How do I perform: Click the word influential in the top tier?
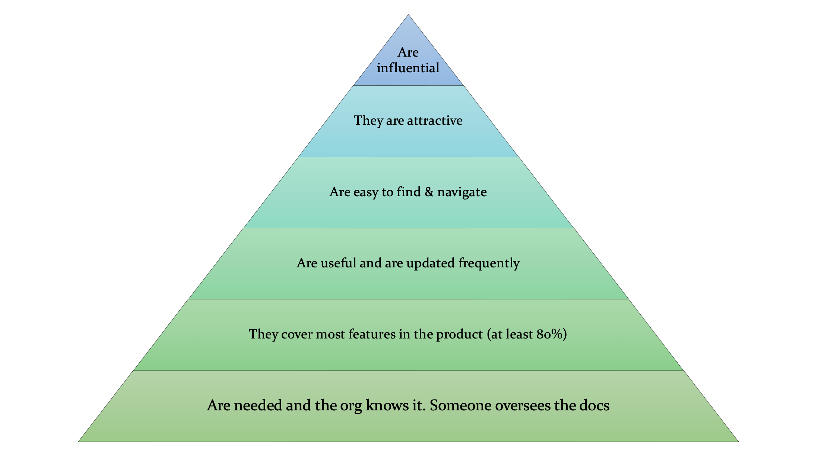(408, 68)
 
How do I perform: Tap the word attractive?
(435, 120)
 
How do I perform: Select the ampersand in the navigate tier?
(429, 192)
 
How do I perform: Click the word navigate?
(462, 192)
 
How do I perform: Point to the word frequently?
(489, 263)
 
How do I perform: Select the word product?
(460, 334)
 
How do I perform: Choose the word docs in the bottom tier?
(595, 405)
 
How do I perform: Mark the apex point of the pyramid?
(408, 15)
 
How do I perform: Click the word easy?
(366, 193)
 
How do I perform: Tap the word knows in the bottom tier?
(387, 405)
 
